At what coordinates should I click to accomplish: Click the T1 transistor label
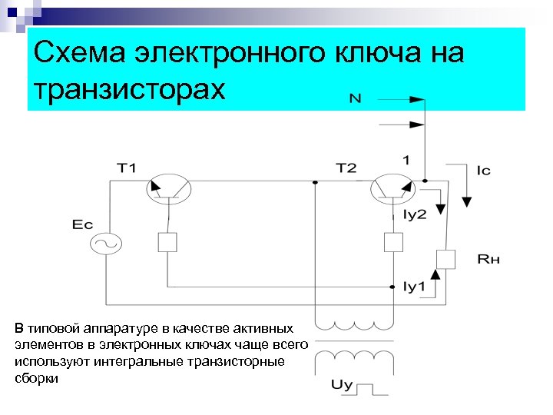126,168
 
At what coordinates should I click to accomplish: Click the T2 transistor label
346,168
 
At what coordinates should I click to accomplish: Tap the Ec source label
82,224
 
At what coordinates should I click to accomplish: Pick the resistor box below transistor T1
167,242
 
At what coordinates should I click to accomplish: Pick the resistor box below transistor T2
392,242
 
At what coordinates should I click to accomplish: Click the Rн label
488,260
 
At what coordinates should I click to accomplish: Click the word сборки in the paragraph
36,380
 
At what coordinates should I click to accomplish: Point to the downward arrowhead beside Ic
466,201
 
